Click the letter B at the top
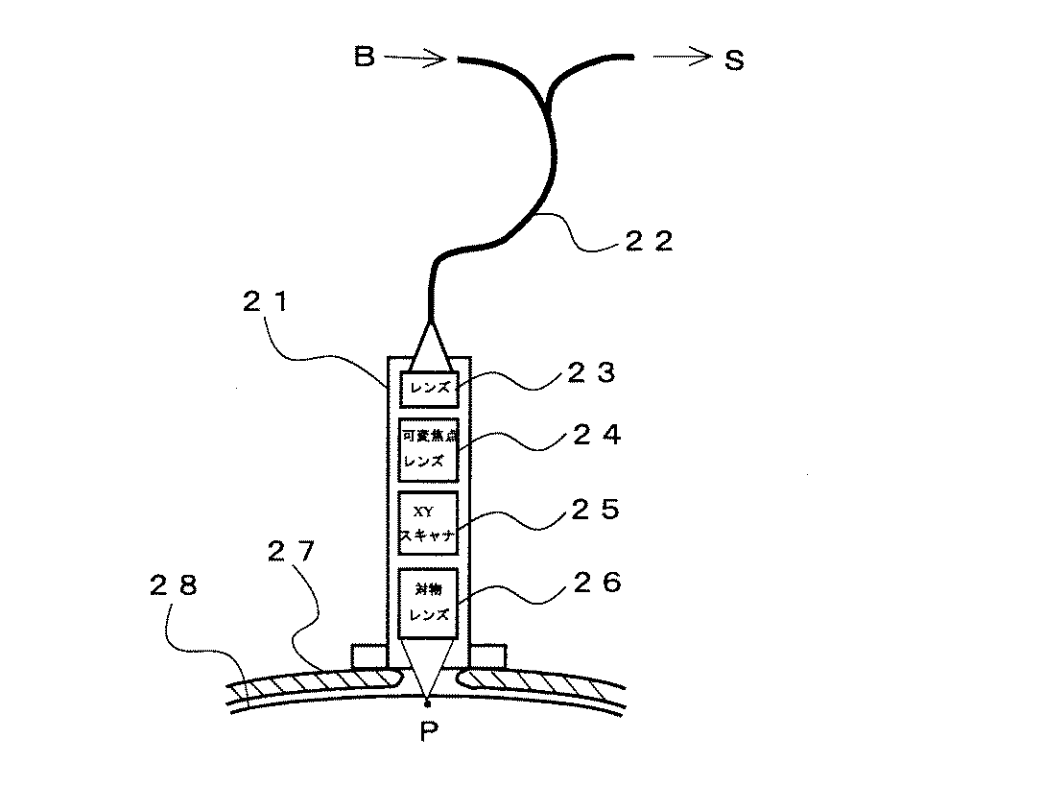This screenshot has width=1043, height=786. [364, 59]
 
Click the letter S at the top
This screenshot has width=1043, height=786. [733, 60]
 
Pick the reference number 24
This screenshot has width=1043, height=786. [596, 436]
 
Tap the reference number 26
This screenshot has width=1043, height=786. [596, 583]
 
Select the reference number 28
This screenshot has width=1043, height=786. [176, 584]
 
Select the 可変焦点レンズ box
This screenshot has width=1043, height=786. [429, 449]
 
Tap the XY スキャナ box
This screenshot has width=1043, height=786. [429, 524]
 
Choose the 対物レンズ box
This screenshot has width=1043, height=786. [429, 603]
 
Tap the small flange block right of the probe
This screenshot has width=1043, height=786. [487, 656]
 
